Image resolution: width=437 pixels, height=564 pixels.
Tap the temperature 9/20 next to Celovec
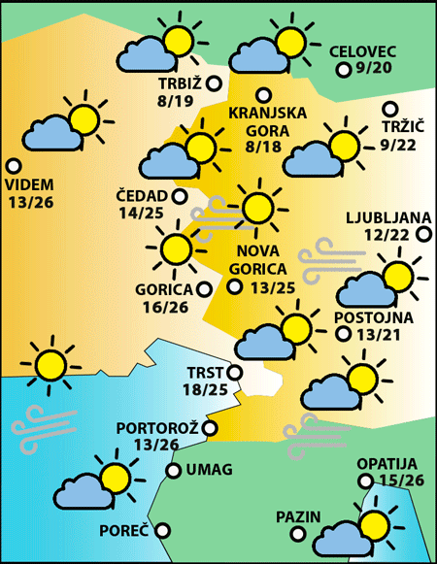(376, 69)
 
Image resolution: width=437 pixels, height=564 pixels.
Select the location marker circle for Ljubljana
(423, 234)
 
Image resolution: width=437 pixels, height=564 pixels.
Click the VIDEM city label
(30, 184)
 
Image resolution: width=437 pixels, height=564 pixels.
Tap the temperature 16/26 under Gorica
(164, 308)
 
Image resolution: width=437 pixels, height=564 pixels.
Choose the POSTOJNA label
(373, 317)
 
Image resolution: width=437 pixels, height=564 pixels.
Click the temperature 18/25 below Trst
(205, 389)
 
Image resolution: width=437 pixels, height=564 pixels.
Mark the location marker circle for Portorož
(210, 427)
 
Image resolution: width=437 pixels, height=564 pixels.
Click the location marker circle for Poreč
(162, 530)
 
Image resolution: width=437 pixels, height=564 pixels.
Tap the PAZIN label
(297, 516)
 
